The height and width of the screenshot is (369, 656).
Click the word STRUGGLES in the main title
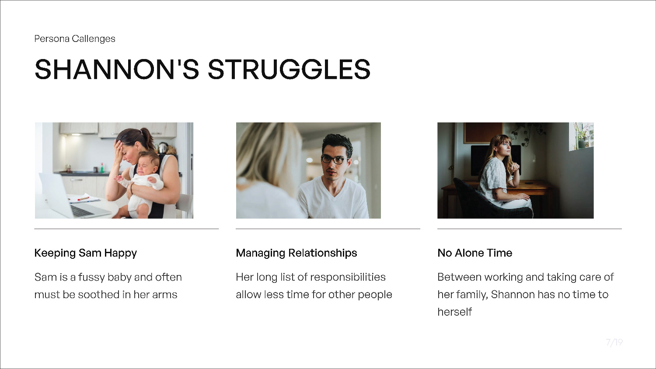289,70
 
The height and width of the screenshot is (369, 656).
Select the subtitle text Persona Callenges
75,38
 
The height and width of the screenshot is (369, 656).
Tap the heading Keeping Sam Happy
86,253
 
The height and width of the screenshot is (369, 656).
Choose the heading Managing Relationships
297,253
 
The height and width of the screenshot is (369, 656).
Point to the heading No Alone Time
475,253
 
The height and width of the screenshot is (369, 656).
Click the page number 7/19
614,342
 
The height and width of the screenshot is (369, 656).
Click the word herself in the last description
454,312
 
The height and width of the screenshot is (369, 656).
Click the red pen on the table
83,198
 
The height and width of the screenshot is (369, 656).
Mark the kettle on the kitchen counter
163,148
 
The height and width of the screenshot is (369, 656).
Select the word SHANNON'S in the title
117,70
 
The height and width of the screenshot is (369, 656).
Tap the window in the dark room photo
581,136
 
